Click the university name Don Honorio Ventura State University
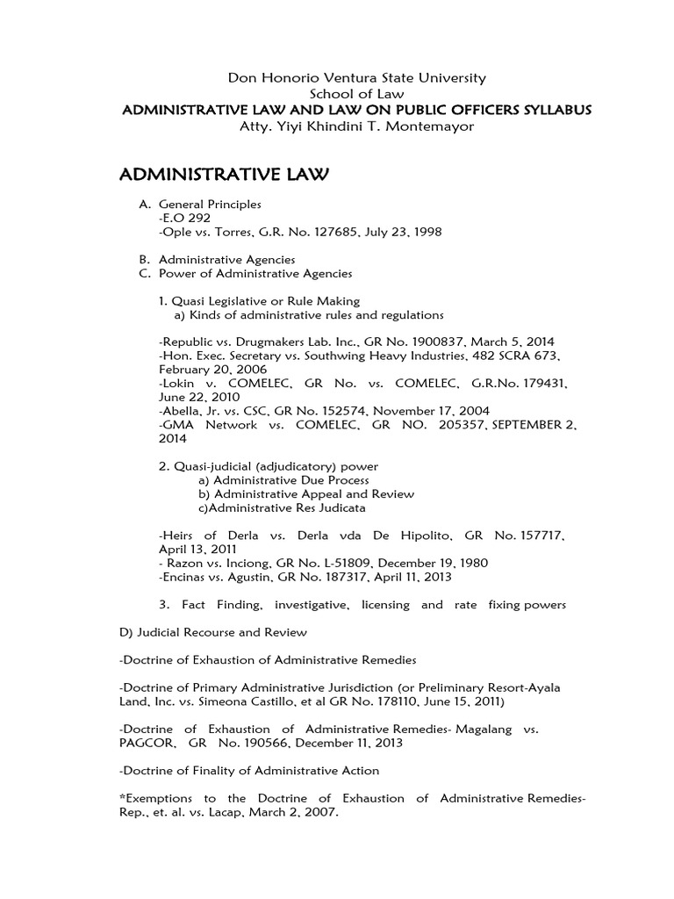click(x=356, y=78)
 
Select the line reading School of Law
click(x=356, y=94)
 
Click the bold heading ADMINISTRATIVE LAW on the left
click(x=223, y=176)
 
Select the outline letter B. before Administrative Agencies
click(x=144, y=260)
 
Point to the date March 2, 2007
click(x=286, y=812)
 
